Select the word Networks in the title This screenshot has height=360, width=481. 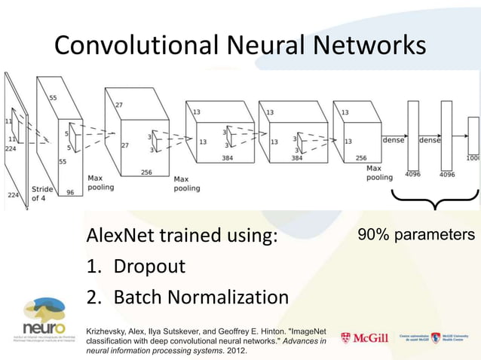(x=368, y=46)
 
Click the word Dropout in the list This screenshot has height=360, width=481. (x=149, y=267)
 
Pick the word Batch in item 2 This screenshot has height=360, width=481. (x=137, y=297)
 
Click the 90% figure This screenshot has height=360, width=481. (x=375, y=235)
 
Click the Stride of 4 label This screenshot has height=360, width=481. (x=42, y=194)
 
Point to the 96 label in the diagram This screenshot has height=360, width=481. (x=71, y=192)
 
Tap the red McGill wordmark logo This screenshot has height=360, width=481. (x=365, y=338)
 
